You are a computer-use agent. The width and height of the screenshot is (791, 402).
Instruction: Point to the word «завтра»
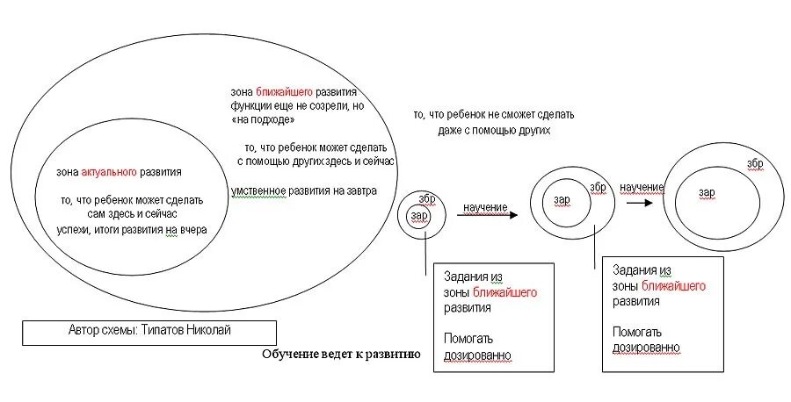click(x=358, y=190)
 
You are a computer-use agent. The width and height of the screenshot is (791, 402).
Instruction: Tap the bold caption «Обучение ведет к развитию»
click(x=341, y=355)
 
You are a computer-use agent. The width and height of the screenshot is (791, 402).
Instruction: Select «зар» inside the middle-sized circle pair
click(x=562, y=199)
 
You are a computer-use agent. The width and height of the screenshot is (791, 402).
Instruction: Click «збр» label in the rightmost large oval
click(x=755, y=164)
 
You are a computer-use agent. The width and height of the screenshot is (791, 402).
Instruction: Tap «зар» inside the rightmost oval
click(x=707, y=192)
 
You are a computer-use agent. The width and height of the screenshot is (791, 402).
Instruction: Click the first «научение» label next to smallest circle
click(x=485, y=207)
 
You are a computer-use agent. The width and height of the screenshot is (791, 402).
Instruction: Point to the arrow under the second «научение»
click(x=640, y=202)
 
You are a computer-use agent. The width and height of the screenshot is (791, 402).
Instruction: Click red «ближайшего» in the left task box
click(x=504, y=291)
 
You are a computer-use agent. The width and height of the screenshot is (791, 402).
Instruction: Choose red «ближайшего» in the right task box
click(x=673, y=286)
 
